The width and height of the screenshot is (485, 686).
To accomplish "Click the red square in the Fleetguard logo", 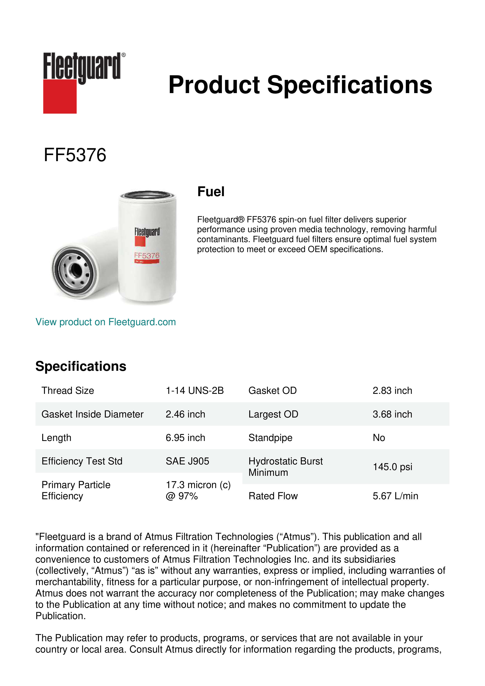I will (x=60, y=96).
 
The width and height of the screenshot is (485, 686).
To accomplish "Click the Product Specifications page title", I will (x=300, y=85).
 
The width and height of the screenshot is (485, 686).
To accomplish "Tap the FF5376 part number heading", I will (x=75, y=155).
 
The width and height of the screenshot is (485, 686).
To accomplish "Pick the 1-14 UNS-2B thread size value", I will (x=195, y=391).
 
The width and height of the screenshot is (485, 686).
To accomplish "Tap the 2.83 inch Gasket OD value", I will (x=392, y=391).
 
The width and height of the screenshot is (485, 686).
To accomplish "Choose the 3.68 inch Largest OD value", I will (x=392, y=414).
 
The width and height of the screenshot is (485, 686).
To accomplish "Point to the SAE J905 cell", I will (x=187, y=461).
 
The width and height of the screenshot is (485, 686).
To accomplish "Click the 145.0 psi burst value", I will (x=392, y=467).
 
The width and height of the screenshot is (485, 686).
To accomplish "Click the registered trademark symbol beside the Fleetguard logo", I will (x=124, y=55).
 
